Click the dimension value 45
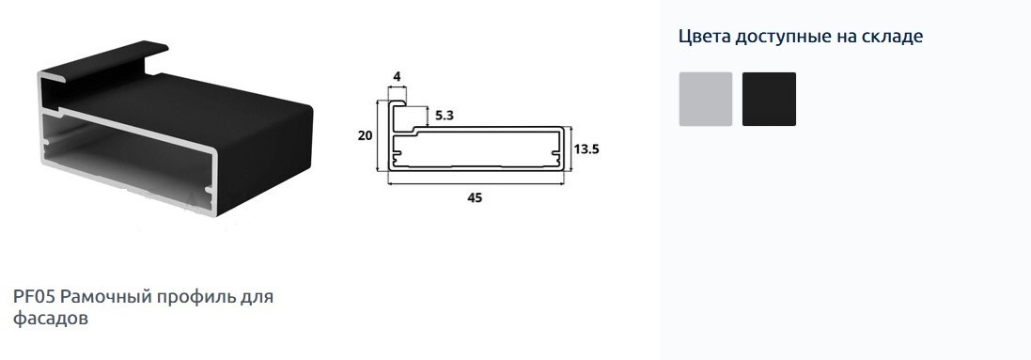[475, 197]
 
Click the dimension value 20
[365, 136]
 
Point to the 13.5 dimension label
[586, 149]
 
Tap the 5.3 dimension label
[445, 116]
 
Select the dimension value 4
[397, 76]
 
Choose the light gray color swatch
[706, 99]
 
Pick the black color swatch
[770, 99]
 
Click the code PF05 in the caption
[34, 297]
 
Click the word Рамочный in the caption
[105, 297]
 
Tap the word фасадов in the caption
[50, 320]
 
